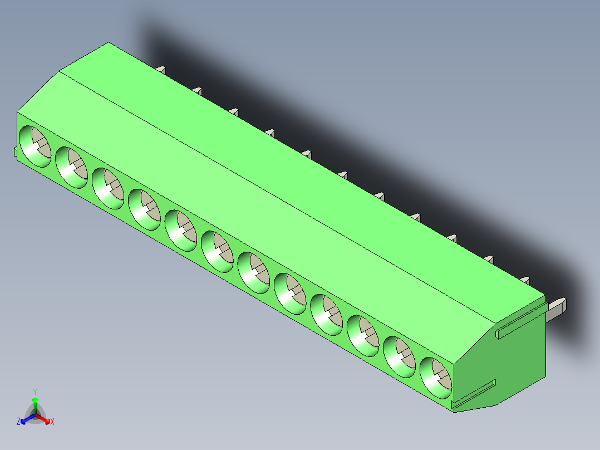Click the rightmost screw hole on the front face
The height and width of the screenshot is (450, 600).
point(435,377)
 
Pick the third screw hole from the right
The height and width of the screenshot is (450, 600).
point(363,335)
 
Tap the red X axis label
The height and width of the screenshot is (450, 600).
point(52,422)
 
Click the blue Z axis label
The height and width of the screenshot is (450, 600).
point(18,422)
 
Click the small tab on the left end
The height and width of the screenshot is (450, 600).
point(15,152)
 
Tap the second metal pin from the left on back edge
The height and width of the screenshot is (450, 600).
point(196,90)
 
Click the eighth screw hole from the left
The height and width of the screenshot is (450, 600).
point(290,293)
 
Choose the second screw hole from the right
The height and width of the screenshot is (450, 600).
point(399,356)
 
